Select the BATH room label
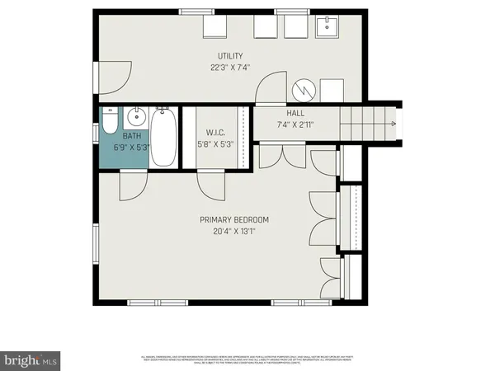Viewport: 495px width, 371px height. pos(132,135)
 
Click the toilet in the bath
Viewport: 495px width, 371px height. pos(110,125)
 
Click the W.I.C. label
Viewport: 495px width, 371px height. pos(215,133)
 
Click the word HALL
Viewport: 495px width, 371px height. pos(296,114)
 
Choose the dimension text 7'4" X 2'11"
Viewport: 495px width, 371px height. pos(296,125)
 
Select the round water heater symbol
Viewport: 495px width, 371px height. pos(303,88)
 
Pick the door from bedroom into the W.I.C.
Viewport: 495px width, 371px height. pos(212,185)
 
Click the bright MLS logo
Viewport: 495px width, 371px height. pos(31,359)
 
